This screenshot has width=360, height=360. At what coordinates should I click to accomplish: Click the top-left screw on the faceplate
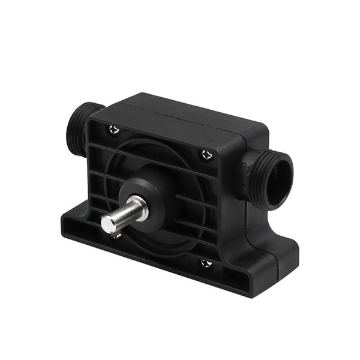[114, 129]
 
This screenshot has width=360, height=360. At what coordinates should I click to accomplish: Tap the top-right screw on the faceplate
[207, 155]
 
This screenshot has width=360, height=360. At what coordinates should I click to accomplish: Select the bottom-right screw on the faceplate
[206, 263]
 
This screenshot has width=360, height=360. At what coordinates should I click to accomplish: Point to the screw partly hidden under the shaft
[116, 235]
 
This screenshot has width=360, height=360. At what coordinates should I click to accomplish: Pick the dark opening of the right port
[280, 178]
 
